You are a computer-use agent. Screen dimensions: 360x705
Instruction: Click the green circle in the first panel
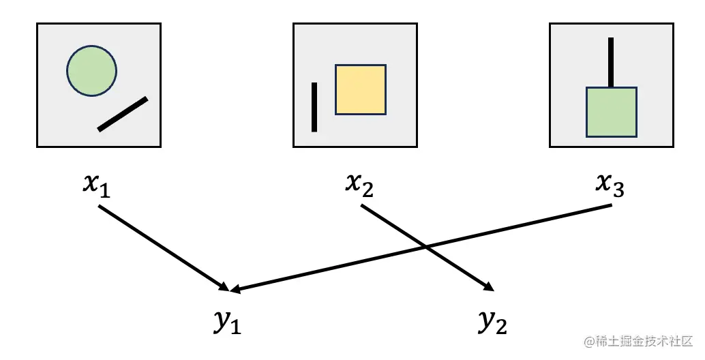(x=91, y=70)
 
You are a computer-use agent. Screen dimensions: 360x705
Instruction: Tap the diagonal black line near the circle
(x=123, y=114)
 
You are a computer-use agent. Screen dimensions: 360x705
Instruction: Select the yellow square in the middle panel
(x=361, y=89)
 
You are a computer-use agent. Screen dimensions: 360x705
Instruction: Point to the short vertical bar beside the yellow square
(x=314, y=106)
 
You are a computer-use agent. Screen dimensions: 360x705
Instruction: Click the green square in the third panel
(x=612, y=112)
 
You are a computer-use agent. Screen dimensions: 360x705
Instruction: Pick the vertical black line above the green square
(x=611, y=62)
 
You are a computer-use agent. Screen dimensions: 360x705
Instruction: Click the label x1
(x=96, y=185)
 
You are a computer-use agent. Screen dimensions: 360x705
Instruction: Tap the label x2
(x=359, y=185)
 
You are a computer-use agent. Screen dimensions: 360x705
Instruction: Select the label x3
(x=609, y=185)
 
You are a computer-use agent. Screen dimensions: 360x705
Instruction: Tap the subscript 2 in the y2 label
(x=501, y=328)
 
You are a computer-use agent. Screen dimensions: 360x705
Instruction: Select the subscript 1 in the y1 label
(x=235, y=328)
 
